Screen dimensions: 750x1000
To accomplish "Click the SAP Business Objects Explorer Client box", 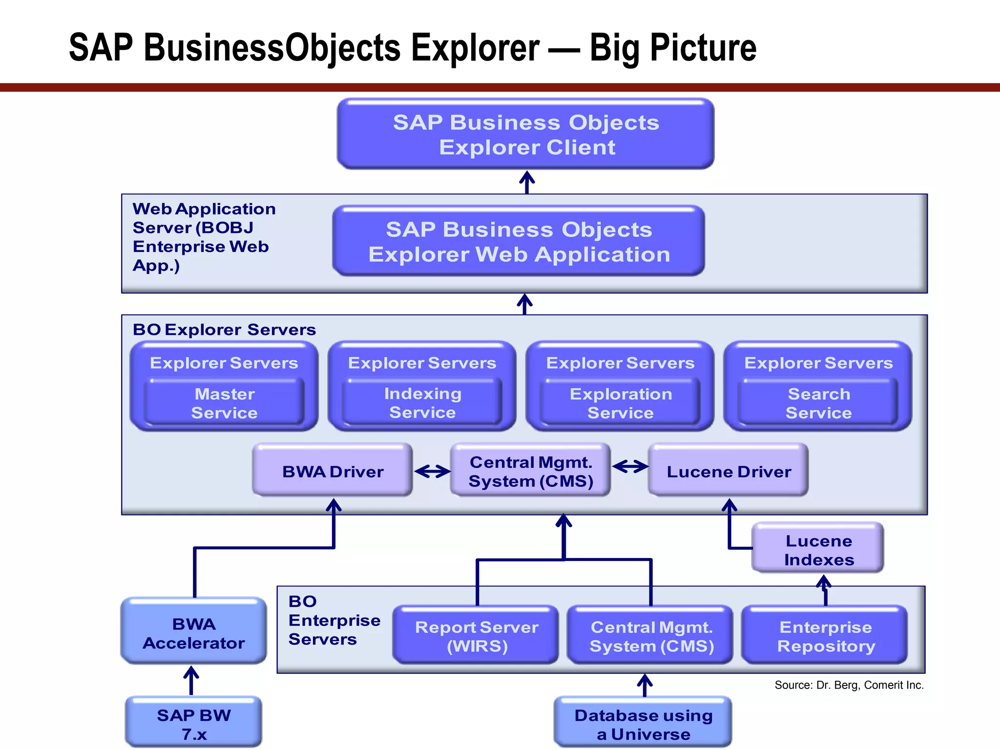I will pyautogui.click(x=525, y=134).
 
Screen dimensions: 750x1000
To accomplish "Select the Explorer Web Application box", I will pyautogui.click(x=519, y=241).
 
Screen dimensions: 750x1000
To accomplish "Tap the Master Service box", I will pyautogui.click(x=224, y=403).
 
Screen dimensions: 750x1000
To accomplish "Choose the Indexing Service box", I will pyautogui.click(x=422, y=403).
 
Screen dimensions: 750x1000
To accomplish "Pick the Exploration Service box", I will pyautogui.click(x=620, y=403).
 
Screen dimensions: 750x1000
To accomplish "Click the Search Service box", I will pyautogui.click(x=818, y=403).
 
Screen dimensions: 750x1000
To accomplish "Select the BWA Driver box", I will pyautogui.click(x=333, y=471).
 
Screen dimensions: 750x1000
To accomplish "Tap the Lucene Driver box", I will pyautogui.click(x=728, y=471).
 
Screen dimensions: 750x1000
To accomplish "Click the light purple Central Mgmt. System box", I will pyautogui.click(x=530, y=471).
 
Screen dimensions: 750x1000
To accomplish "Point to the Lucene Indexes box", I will pyautogui.click(x=818, y=549).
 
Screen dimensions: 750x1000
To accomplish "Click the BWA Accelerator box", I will pyautogui.click(x=194, y=633).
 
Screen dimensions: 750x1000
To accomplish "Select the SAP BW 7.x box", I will pyautogui.click(x=194, y=724).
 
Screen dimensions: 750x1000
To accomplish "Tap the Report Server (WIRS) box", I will pyautogui.click(x=476, y=636).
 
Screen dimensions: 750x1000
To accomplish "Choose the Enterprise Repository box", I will pyautogui.click(x=825, y=636).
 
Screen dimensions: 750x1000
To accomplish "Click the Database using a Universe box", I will pyautogui.click(x=643, y=724).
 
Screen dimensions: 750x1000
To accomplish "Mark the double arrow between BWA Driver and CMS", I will pyautogui.click(x=432, y=471).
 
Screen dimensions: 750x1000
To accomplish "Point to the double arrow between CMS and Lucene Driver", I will pyautogui.click(x=630, y=467).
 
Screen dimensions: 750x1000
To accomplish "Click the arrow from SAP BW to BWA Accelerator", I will pyautogui.click(x=191, y=681).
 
